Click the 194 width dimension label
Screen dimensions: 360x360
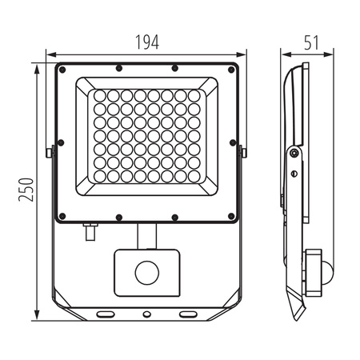146,39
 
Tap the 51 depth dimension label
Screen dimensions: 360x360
311,39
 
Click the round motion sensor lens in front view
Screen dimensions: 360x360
146,273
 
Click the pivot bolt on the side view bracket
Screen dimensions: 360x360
294,153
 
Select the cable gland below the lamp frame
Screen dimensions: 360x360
88,233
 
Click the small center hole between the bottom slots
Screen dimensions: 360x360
146,314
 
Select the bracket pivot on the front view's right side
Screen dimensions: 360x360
243,150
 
